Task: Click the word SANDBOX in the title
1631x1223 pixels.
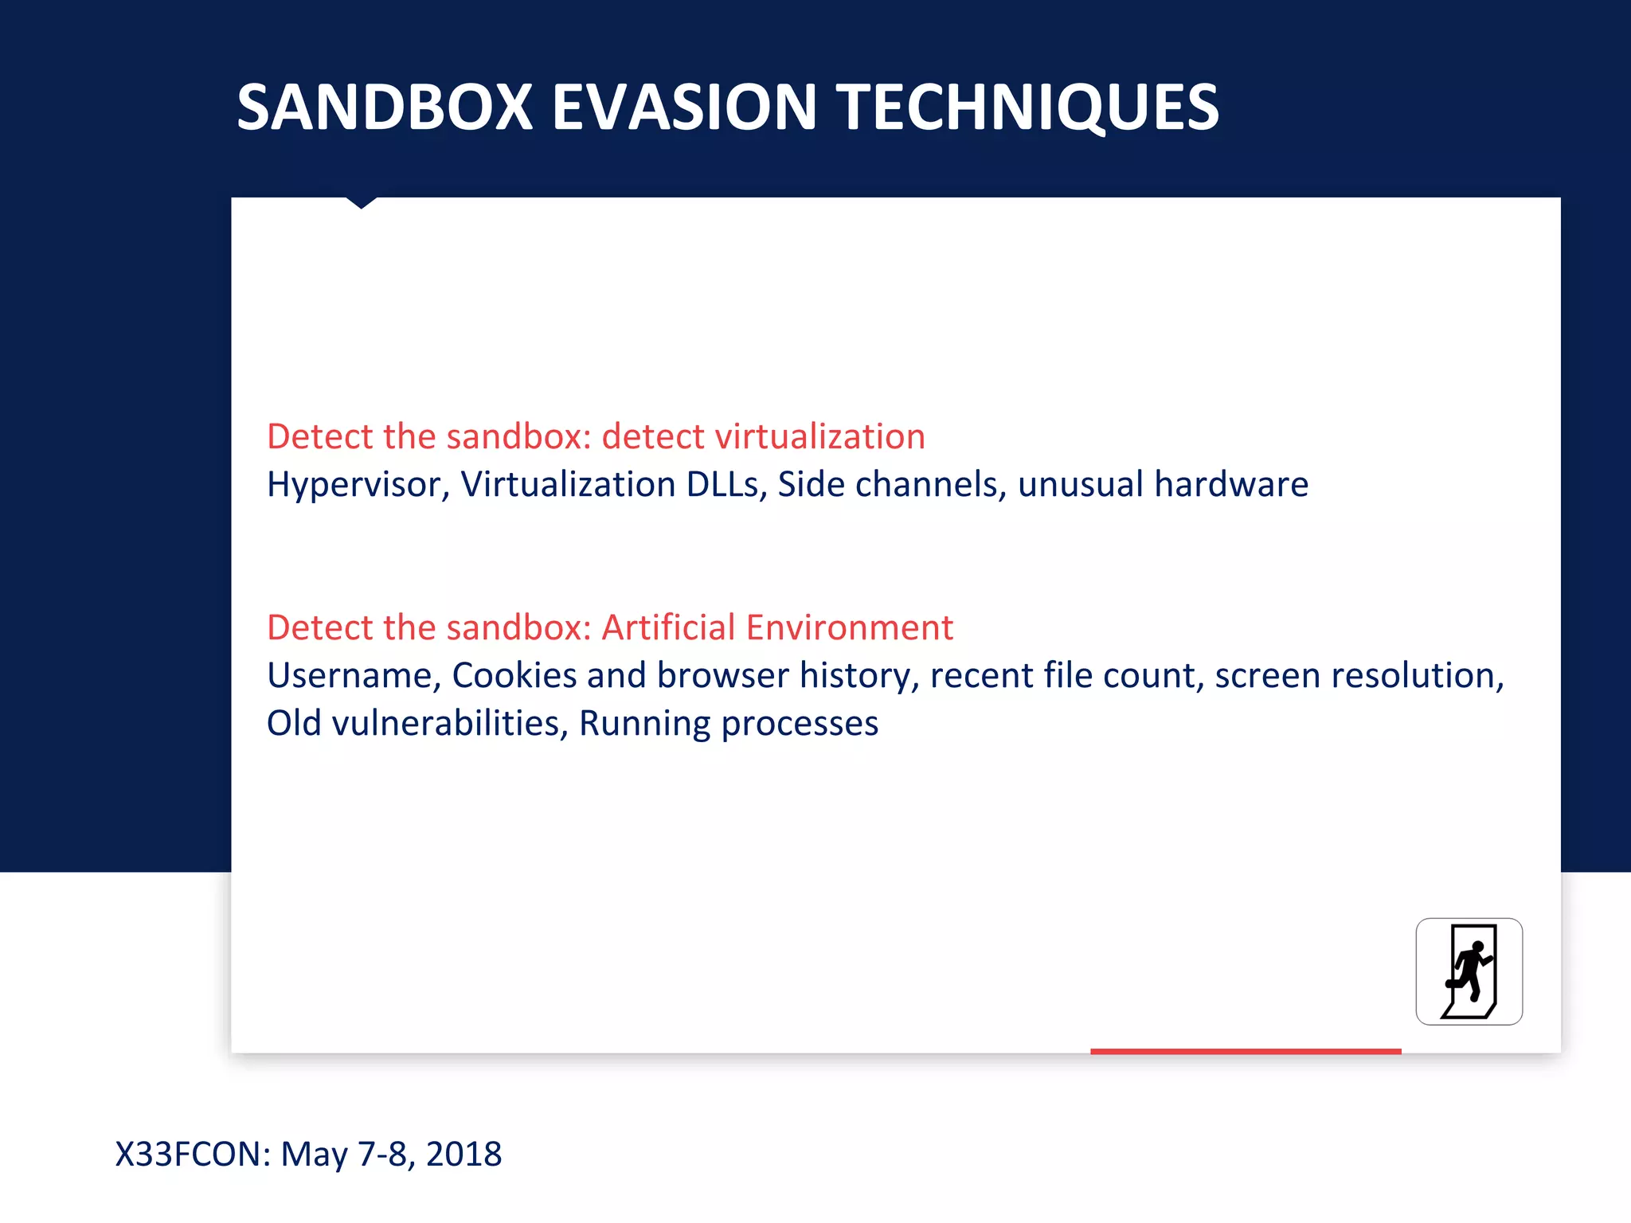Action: (x=385, y=107)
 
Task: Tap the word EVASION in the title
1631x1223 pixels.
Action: (x=683, y=107)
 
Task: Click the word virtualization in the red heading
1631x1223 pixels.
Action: (x=819, y=436)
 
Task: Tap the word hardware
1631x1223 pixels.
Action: (x=1230, y=484)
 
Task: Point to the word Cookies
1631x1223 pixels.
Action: (x=514, y=675)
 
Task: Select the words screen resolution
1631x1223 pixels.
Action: (x=1359, y=675)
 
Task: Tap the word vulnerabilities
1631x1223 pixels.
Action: (x=449, y=723)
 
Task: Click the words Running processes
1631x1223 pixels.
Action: (x=728, y=723)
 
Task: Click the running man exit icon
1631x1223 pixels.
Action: (x=1469, y=971)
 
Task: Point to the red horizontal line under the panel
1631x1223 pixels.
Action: (x=1245, y=1051)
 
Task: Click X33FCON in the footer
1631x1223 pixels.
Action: (x=194, y=1154)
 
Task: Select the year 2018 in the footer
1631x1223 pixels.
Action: (x=463, y=1154)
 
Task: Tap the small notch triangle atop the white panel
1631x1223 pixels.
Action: (x=361, y=202)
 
